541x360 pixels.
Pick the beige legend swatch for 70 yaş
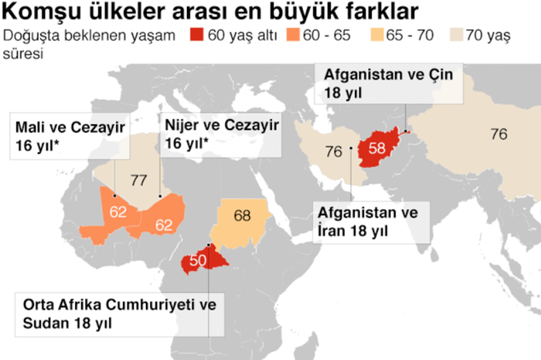coord(451,36)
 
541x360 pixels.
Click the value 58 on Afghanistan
coord(377,146)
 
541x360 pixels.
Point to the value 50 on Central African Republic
coord(197,260)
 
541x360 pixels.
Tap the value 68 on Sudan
coord(242,216)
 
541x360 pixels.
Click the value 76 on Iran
coord(334,151)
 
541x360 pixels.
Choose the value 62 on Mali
coord(118,211)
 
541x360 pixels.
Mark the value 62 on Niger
coord(163,225)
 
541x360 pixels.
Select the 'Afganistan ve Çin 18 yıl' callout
coord(390,83)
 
